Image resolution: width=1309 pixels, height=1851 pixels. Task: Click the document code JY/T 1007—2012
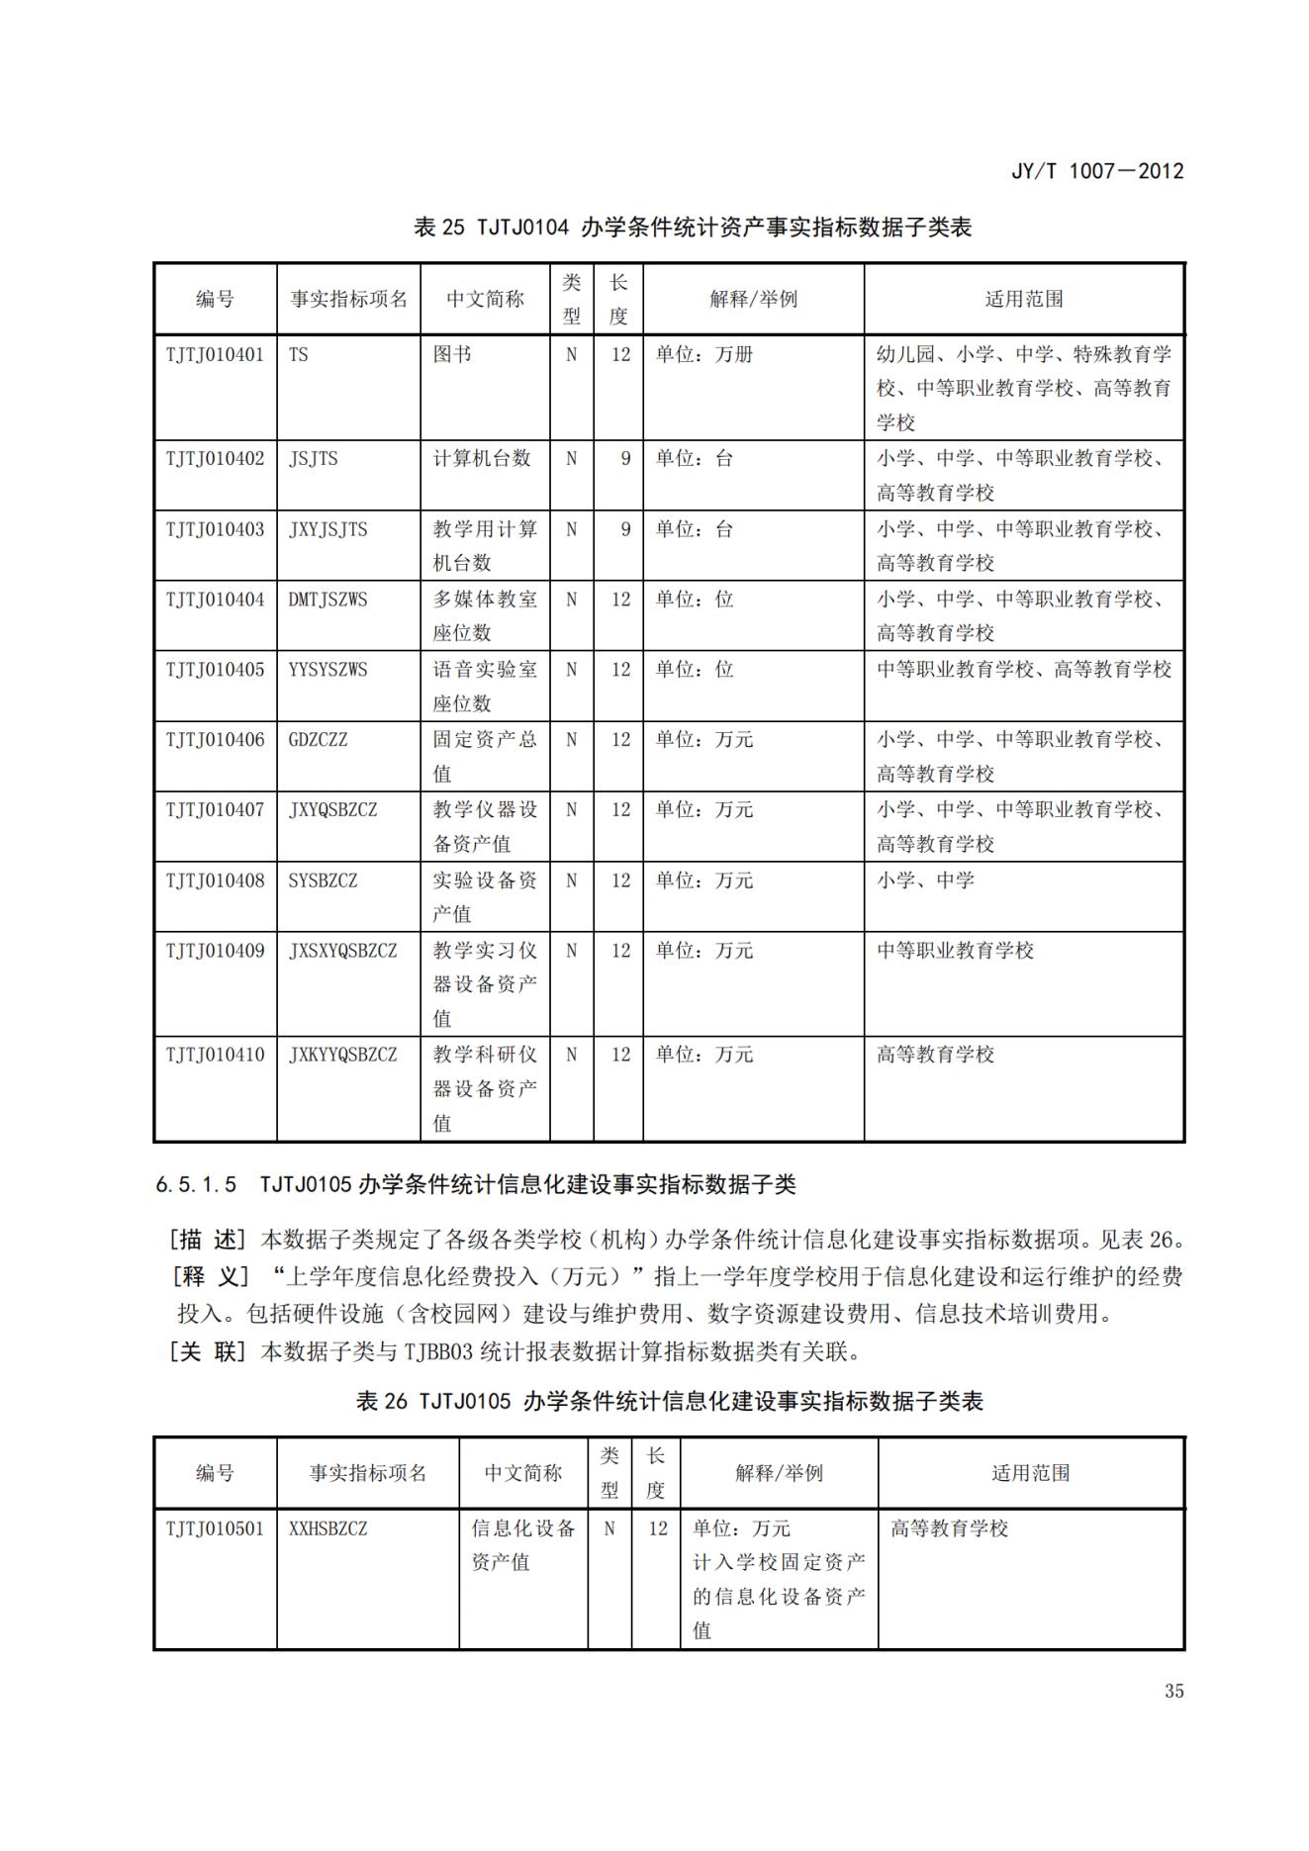[1096, 170]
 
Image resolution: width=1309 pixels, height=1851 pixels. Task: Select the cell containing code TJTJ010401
[215, 354]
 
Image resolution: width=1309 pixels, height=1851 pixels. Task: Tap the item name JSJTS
[313, 458]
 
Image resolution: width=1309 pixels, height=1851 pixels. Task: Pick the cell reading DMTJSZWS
[327, 599]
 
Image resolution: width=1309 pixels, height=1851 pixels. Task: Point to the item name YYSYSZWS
[327, 669]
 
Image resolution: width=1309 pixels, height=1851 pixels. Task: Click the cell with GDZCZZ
[318, 739]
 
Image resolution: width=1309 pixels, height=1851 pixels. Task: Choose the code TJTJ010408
[215, 879]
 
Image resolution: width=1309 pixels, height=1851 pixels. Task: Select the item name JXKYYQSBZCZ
[342, 1055]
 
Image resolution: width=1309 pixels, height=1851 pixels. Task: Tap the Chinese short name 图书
[452, 354]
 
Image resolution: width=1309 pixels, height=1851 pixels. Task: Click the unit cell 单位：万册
[703, 354]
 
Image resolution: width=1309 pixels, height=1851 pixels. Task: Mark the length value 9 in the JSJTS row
[624, 458]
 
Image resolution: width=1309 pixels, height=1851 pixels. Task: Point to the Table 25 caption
[693, 228]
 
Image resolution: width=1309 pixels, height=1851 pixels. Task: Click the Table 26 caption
[669, 1401]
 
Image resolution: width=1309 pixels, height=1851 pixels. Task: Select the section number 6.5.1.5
[196, 1184]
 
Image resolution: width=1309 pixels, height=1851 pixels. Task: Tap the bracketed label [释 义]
[209, 1276]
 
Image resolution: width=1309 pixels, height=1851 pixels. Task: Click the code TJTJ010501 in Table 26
[215, 1528]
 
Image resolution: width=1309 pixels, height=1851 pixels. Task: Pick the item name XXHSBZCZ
[327, 1528]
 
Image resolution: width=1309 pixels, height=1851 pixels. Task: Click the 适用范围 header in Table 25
[1023, 299]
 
